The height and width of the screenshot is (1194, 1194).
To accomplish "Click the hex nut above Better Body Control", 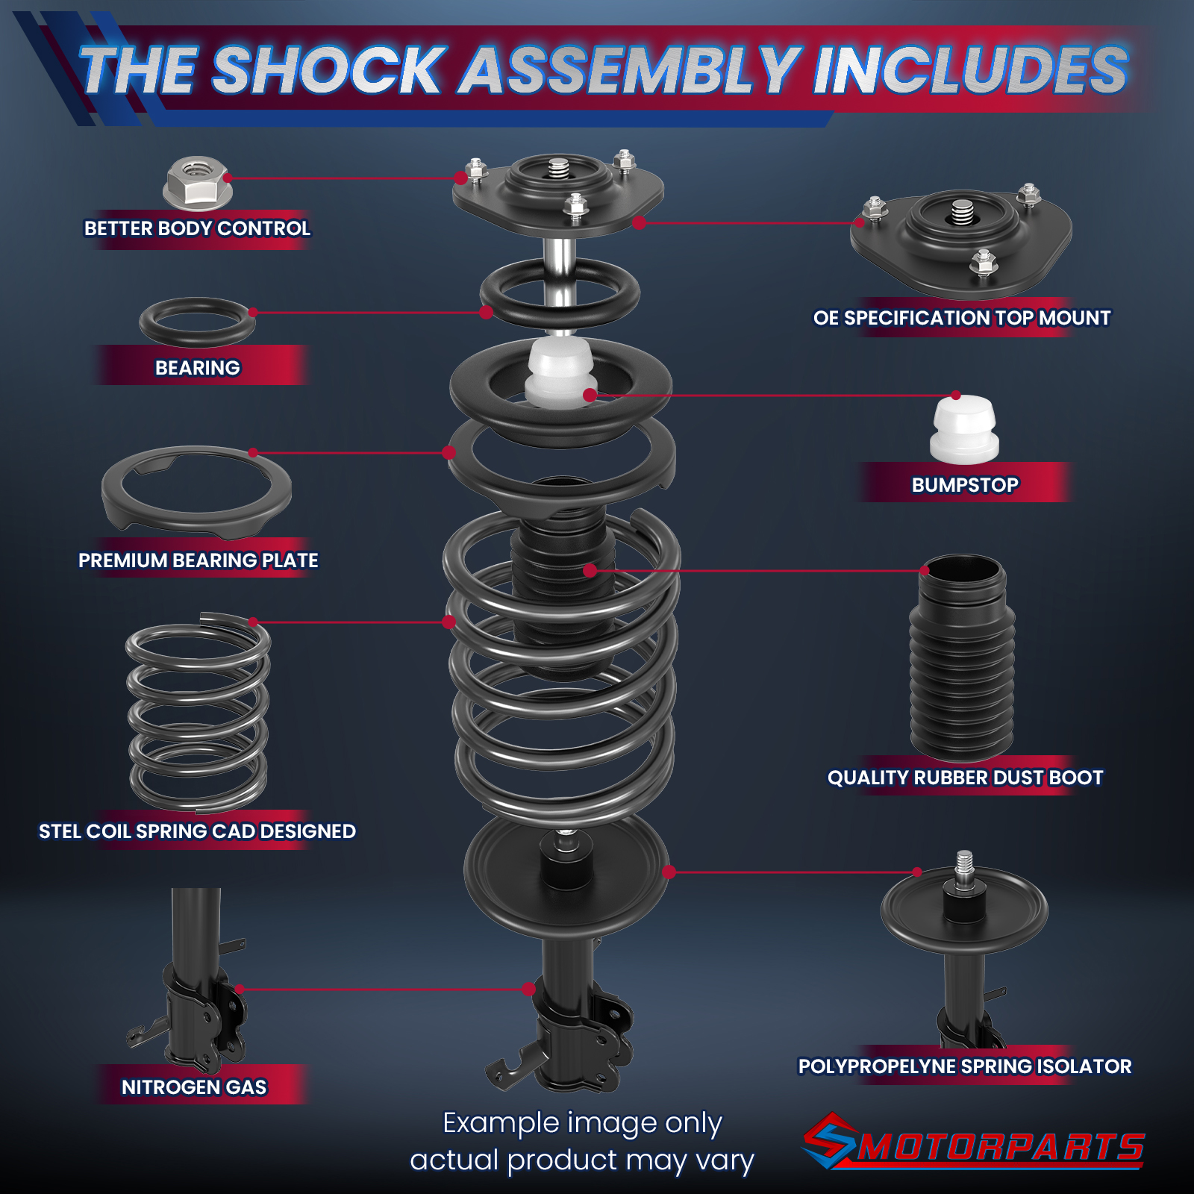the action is pos(198,183).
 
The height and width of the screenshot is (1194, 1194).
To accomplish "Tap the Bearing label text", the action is pos(198,368).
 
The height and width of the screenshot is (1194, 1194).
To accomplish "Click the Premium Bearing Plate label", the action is pos(199,560).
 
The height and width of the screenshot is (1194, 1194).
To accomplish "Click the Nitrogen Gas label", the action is pos(194,1087).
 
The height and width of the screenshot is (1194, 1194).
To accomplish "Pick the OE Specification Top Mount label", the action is pos(962,318).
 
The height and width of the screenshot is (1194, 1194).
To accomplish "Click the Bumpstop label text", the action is pos(965,485).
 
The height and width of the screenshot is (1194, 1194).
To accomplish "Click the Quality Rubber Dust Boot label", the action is pos(965,778).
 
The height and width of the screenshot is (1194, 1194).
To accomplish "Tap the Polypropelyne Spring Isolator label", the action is pos(965,1066).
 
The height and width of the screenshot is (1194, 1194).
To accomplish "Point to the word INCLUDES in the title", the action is pos(970,70).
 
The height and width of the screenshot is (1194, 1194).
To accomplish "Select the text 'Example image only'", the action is pos(582,1123).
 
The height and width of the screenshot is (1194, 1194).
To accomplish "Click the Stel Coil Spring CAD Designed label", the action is pos(197,831).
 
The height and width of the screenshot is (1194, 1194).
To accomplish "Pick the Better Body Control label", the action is pos(197,228).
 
